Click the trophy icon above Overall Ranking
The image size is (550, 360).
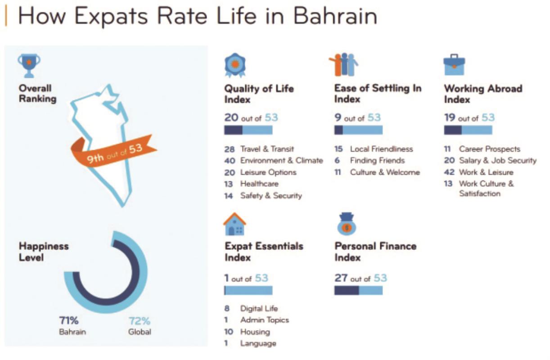pos(29,66)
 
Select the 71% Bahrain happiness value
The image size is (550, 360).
pos(69,320)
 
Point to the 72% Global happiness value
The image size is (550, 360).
pos(139,321)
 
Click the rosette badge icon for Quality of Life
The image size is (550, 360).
pos(235,65)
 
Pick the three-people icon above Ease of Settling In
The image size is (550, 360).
pos(343,64)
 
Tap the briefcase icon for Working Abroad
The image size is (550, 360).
pos(454,65)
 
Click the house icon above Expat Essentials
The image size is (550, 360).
pos(234,224)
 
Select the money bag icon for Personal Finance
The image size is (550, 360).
pos(347,224)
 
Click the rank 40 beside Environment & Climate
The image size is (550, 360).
pos(230,161)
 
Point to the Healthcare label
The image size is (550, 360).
pos(259,184)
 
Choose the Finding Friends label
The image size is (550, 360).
pos(377,160)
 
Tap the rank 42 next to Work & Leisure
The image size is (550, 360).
pos(449,172)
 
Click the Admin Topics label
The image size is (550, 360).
pos(265,320)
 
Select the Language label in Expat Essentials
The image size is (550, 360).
pos(258,343)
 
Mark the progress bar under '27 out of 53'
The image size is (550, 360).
pos(358,291)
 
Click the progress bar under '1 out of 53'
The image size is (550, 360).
pos(248,291)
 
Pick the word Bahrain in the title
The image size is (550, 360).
pos(335,16)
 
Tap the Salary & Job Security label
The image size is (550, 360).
pos(498,161)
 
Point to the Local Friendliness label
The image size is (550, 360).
pos(381,149)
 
